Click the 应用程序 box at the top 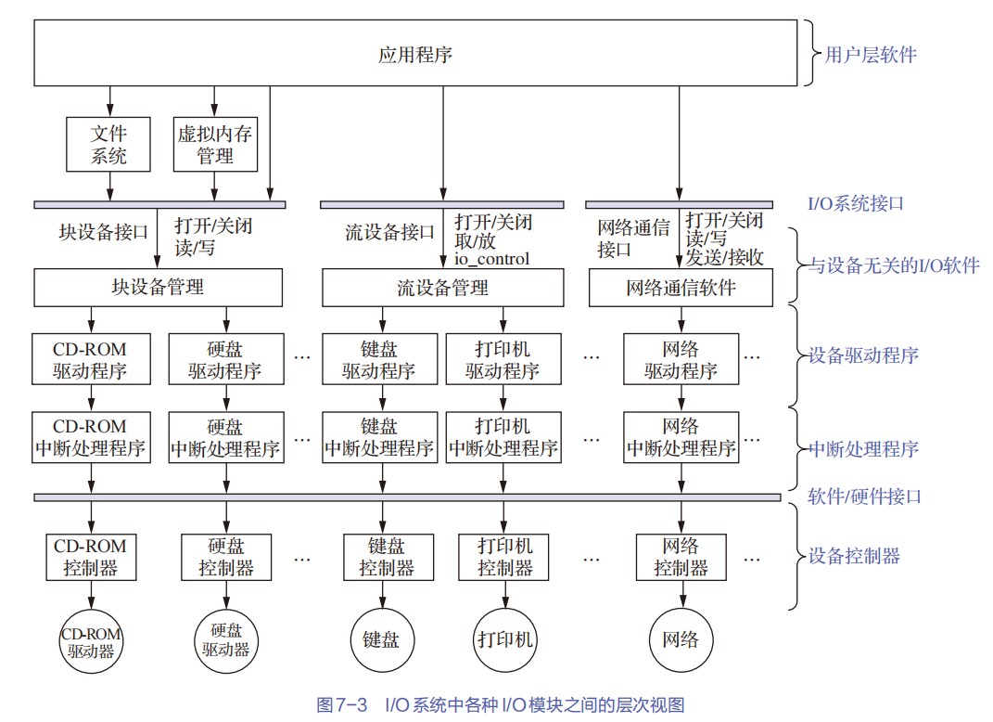[415, 54]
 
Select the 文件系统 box [108, 144]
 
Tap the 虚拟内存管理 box [215, 144]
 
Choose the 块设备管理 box [158, 288]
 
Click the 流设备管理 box [442, 288]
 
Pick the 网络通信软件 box [681, 288]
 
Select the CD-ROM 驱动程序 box [90, 360]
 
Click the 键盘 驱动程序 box [379, 360]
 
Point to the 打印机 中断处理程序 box [503, 437]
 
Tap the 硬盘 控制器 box [226, 557]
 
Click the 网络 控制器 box [681, 557]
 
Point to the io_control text [491, 259]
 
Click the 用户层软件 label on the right [870, 55]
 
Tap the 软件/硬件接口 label [864, 496]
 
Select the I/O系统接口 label [855, 203]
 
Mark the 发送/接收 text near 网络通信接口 [724, 257]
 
